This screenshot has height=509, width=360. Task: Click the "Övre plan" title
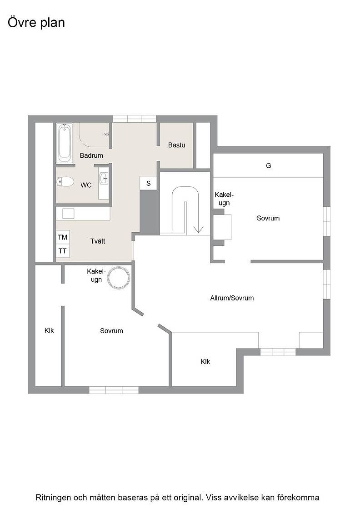click(x=36, y=23)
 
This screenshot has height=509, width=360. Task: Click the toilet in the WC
click(x=65, y=182)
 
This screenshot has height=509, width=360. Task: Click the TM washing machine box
click(x=63, y=237)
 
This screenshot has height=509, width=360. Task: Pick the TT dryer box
click(x=63, y=251)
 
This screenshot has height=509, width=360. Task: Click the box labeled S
click(x=148, y=183)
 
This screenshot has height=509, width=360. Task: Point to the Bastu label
click(x=177, y=145)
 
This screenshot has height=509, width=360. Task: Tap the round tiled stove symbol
click(x=119, y=278)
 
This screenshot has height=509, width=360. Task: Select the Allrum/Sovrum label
click(x=232, y=298)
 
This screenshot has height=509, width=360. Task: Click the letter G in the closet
click(x=269, y=165)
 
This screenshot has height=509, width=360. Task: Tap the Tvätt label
click(x=98, y=241)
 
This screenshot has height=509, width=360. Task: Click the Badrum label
click(x=91, y=155)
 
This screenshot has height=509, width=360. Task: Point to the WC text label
click(x=86, y=185)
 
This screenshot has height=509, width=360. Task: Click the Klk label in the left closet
click(x=49, y=330)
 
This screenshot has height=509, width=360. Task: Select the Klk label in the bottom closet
click(x=205, y=362)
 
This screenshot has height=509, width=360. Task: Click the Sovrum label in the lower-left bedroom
click(x=111, y=331)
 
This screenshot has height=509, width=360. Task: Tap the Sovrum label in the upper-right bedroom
click(x=268, y=218)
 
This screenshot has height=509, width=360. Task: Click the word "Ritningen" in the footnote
click(x=52, y=498)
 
